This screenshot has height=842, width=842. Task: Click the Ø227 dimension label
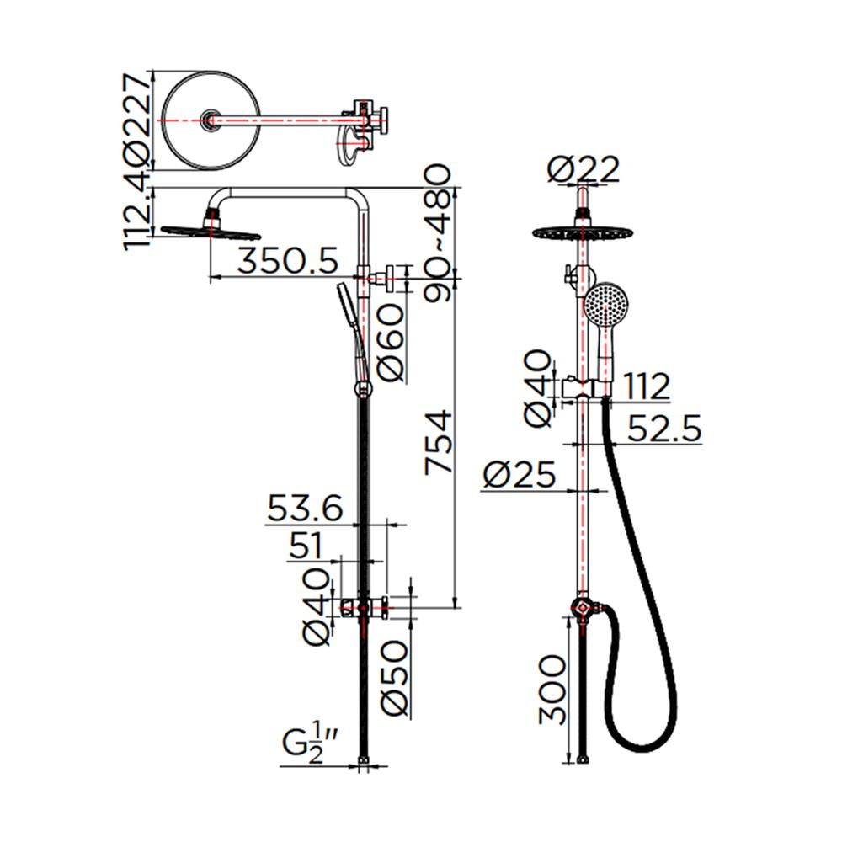tap(136, 119)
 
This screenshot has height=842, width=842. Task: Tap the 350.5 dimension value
tap(288, 262)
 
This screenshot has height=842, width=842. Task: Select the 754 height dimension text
tap(438, 442)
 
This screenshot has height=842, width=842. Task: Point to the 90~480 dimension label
tap(437, 234)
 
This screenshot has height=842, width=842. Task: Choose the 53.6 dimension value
tap(305, 508)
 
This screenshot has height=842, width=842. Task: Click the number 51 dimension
tap(306, 546)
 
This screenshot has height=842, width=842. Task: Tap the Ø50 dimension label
tap(395, 678)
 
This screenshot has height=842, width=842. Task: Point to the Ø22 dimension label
tap(584, 169)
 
